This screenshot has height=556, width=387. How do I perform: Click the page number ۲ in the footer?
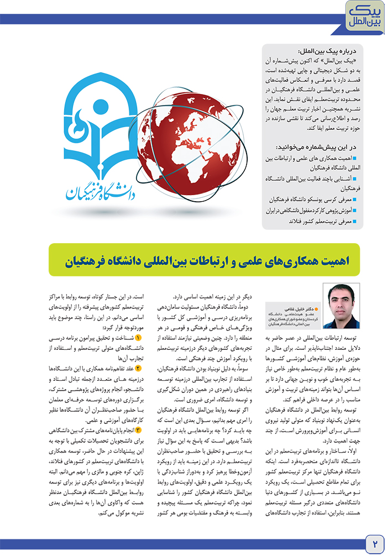tap(374, 538)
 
